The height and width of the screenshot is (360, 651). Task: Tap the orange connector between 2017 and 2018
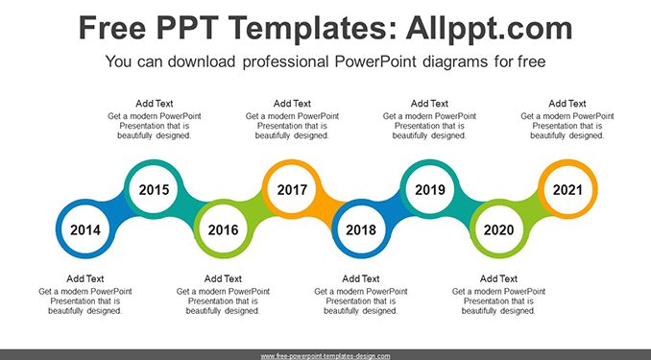pos(326,209)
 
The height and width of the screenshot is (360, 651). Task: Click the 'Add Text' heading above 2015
pos(154,104)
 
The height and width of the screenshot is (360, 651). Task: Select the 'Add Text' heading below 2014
pos(85,278)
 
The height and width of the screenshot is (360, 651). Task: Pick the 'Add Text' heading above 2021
pos(567,104)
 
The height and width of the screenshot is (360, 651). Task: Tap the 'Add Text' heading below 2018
pos(361,278)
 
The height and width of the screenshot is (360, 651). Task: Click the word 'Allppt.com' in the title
pos(489,29)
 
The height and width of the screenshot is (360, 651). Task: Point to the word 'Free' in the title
pos(112,28)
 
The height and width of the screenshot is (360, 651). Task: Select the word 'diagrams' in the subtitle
pos(455,61)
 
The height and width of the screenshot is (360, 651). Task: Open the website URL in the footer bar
pos(325,356)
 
